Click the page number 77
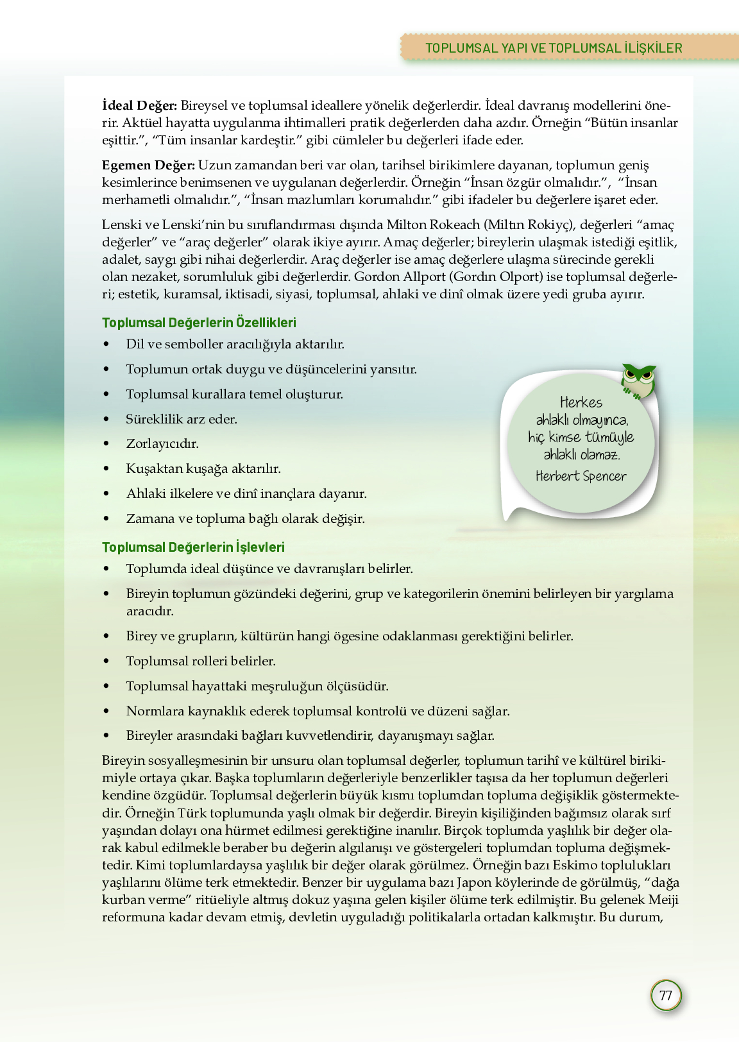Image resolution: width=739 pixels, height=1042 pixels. click(x=666, y=995)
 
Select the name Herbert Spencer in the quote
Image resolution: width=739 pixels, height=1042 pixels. click(x=581, y=476)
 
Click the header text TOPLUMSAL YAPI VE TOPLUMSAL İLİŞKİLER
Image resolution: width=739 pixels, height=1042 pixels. click(x=554, y=48)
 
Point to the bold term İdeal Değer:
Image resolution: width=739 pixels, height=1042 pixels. click(x=139, y=105)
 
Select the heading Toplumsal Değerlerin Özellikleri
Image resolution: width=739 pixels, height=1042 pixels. click(x=199, y=323)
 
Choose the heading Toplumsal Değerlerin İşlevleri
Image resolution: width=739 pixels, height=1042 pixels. click(x=193, y=547)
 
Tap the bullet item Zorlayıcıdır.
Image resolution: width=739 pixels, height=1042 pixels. click(x=162, y=444)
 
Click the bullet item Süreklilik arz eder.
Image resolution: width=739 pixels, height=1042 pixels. click(x=182, y=419)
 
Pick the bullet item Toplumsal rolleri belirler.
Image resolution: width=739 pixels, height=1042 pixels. click(x=201, y=661)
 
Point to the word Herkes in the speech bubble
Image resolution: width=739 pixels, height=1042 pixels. click(x=581, y=402)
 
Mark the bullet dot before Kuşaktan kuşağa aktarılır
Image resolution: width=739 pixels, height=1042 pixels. click(x=106, y=469)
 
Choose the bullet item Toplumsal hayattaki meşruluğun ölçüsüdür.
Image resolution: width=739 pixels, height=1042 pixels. click(x=257, y=686)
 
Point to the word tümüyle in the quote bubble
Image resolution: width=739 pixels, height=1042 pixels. click(x=609, y=437)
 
